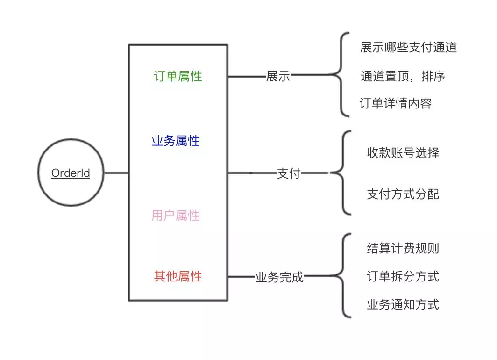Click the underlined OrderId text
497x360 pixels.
point(71,173)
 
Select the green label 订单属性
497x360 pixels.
point(178,76)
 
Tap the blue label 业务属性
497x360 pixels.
point(176,141)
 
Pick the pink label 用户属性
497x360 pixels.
point(176,216)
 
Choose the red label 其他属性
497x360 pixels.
point(178,276)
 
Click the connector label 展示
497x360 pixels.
point(278,77)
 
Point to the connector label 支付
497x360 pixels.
point(289,173)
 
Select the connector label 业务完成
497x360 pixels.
point(279,277)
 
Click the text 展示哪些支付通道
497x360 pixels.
point(408,47)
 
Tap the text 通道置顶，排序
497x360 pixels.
point(403,76)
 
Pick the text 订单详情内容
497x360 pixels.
point(395,103)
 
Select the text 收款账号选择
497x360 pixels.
point(403,153)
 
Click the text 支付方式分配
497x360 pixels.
point(403,194)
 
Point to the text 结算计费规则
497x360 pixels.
point(403,248)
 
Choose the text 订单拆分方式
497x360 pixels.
point(403,276)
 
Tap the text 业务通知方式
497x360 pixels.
point(403,305)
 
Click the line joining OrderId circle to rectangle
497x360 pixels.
point(116,173)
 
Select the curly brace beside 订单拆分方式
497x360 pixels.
point(343,276)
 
